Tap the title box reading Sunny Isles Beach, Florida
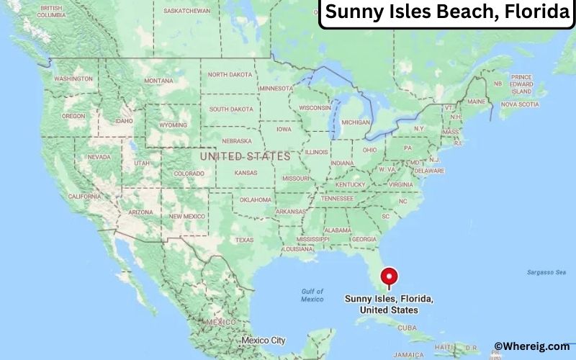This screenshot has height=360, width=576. click(x=446, y=13)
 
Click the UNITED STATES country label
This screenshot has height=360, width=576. click(x=245, y=156)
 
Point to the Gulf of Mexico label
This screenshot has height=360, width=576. click(x=312, y=295)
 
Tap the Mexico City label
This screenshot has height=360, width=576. click(x=264, y=340)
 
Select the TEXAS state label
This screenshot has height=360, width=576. click(x=244, y=240)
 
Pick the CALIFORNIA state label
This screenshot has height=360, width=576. click(x=84, y=196)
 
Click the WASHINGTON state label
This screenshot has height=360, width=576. click(x=73, y=78)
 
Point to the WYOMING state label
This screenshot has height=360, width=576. click(x=173, y=125)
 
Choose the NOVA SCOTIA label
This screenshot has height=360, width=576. click(x=520, y=104)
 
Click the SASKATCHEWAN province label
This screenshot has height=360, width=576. click(x=187, y=11)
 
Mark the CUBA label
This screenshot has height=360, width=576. click(x=408, y=327)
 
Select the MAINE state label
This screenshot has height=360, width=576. click(x=476, y=102)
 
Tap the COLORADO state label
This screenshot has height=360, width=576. click(x=189, y=173)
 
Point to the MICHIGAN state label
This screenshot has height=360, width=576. click(x=356, y=122)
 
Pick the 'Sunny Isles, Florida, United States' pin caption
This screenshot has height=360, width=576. click(x=389, y=304)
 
